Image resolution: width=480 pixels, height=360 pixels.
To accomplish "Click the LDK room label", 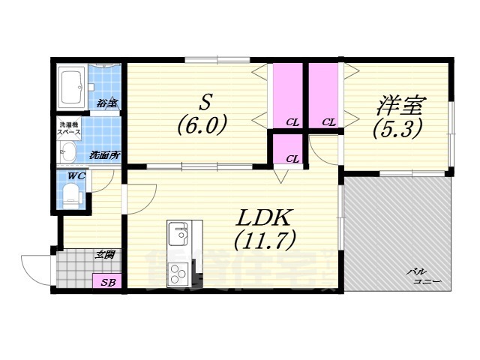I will coord(264,217).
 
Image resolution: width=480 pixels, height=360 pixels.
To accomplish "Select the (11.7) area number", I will coord(264,240).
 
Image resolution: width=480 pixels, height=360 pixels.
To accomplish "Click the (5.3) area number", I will coord(394,127).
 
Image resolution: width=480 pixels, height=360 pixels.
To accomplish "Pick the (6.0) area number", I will coord(201,123).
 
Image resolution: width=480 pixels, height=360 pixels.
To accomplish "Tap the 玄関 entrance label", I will coord(104,256).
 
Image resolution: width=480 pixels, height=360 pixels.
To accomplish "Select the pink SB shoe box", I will coord(107,283).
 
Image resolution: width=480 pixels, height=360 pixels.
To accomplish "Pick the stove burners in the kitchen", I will coord(179,273).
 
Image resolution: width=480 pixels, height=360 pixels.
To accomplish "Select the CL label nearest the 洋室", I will coord(328,122).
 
